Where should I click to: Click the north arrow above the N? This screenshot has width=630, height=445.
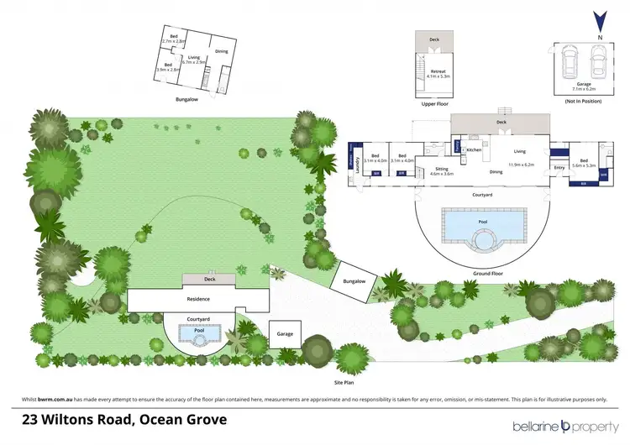point(598,19)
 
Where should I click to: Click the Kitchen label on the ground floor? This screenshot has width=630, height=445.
point(474,149)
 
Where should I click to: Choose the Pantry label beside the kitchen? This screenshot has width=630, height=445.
point(457,146)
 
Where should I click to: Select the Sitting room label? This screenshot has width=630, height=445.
point(441,168)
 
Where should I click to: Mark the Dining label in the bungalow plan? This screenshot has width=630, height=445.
point(221,51)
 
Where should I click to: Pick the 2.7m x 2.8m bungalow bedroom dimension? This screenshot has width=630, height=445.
point(174,41)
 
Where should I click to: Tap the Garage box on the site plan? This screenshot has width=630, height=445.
point(285,333)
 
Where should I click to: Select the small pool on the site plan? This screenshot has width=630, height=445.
point(199,334)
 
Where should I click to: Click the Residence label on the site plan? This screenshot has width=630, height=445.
point(198,299)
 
